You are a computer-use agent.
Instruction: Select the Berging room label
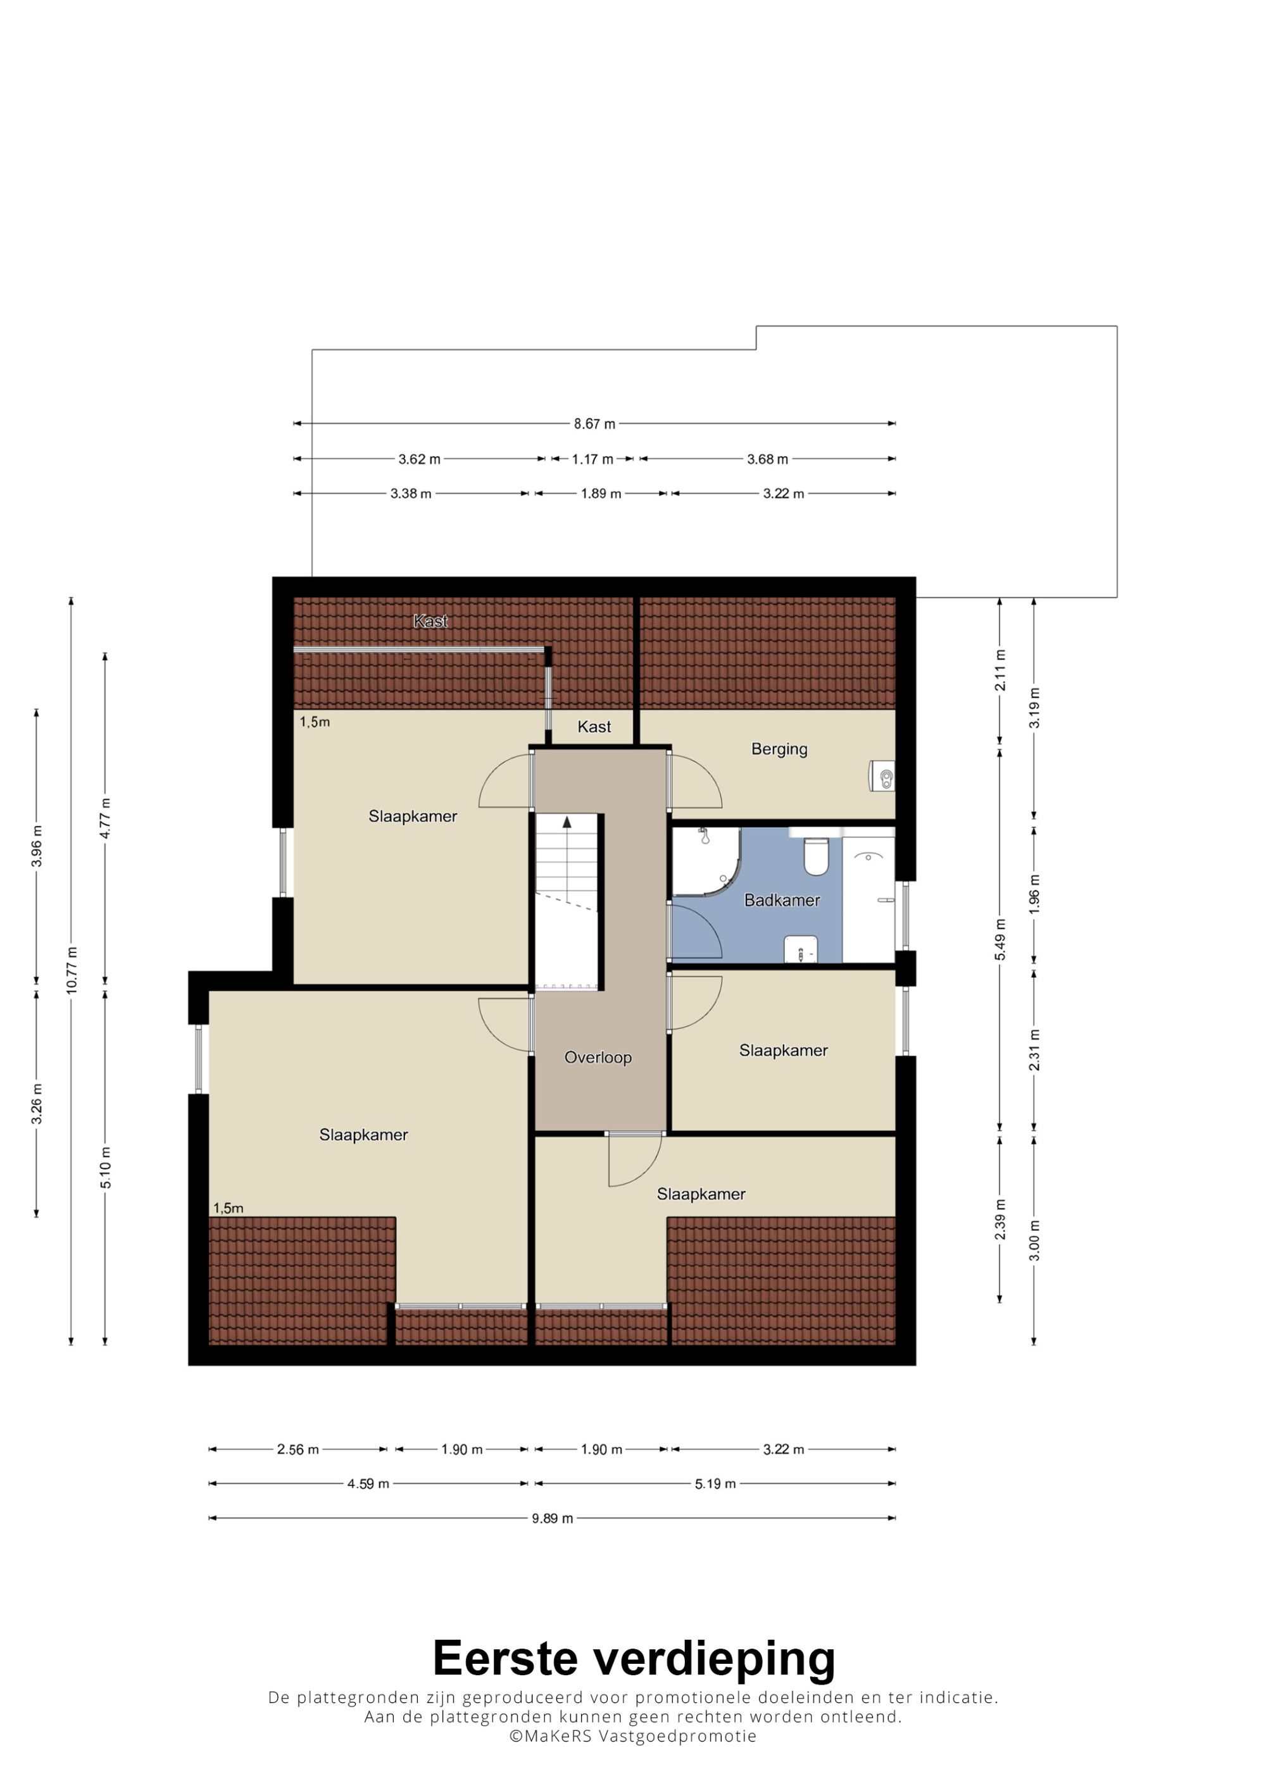coord(779,750)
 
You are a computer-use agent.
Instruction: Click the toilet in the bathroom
coord(816,855)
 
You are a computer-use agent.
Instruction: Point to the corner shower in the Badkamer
coord(705,861)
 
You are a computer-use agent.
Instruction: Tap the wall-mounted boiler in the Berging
coord(882,776)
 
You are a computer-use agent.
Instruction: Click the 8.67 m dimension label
coord(594,425)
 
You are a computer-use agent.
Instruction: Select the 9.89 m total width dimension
coord(552,1518)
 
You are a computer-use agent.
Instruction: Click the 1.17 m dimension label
coord(592,459)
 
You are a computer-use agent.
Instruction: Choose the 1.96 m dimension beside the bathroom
coord(1034,895)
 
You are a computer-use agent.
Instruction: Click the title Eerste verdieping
coord(634,1659)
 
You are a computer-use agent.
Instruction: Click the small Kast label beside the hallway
coord(594,727)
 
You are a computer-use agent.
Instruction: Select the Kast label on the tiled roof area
coord(430,621)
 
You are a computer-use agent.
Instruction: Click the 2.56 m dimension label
coord(298,1449)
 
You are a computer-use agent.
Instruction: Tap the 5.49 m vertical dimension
coord(1000,940)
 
